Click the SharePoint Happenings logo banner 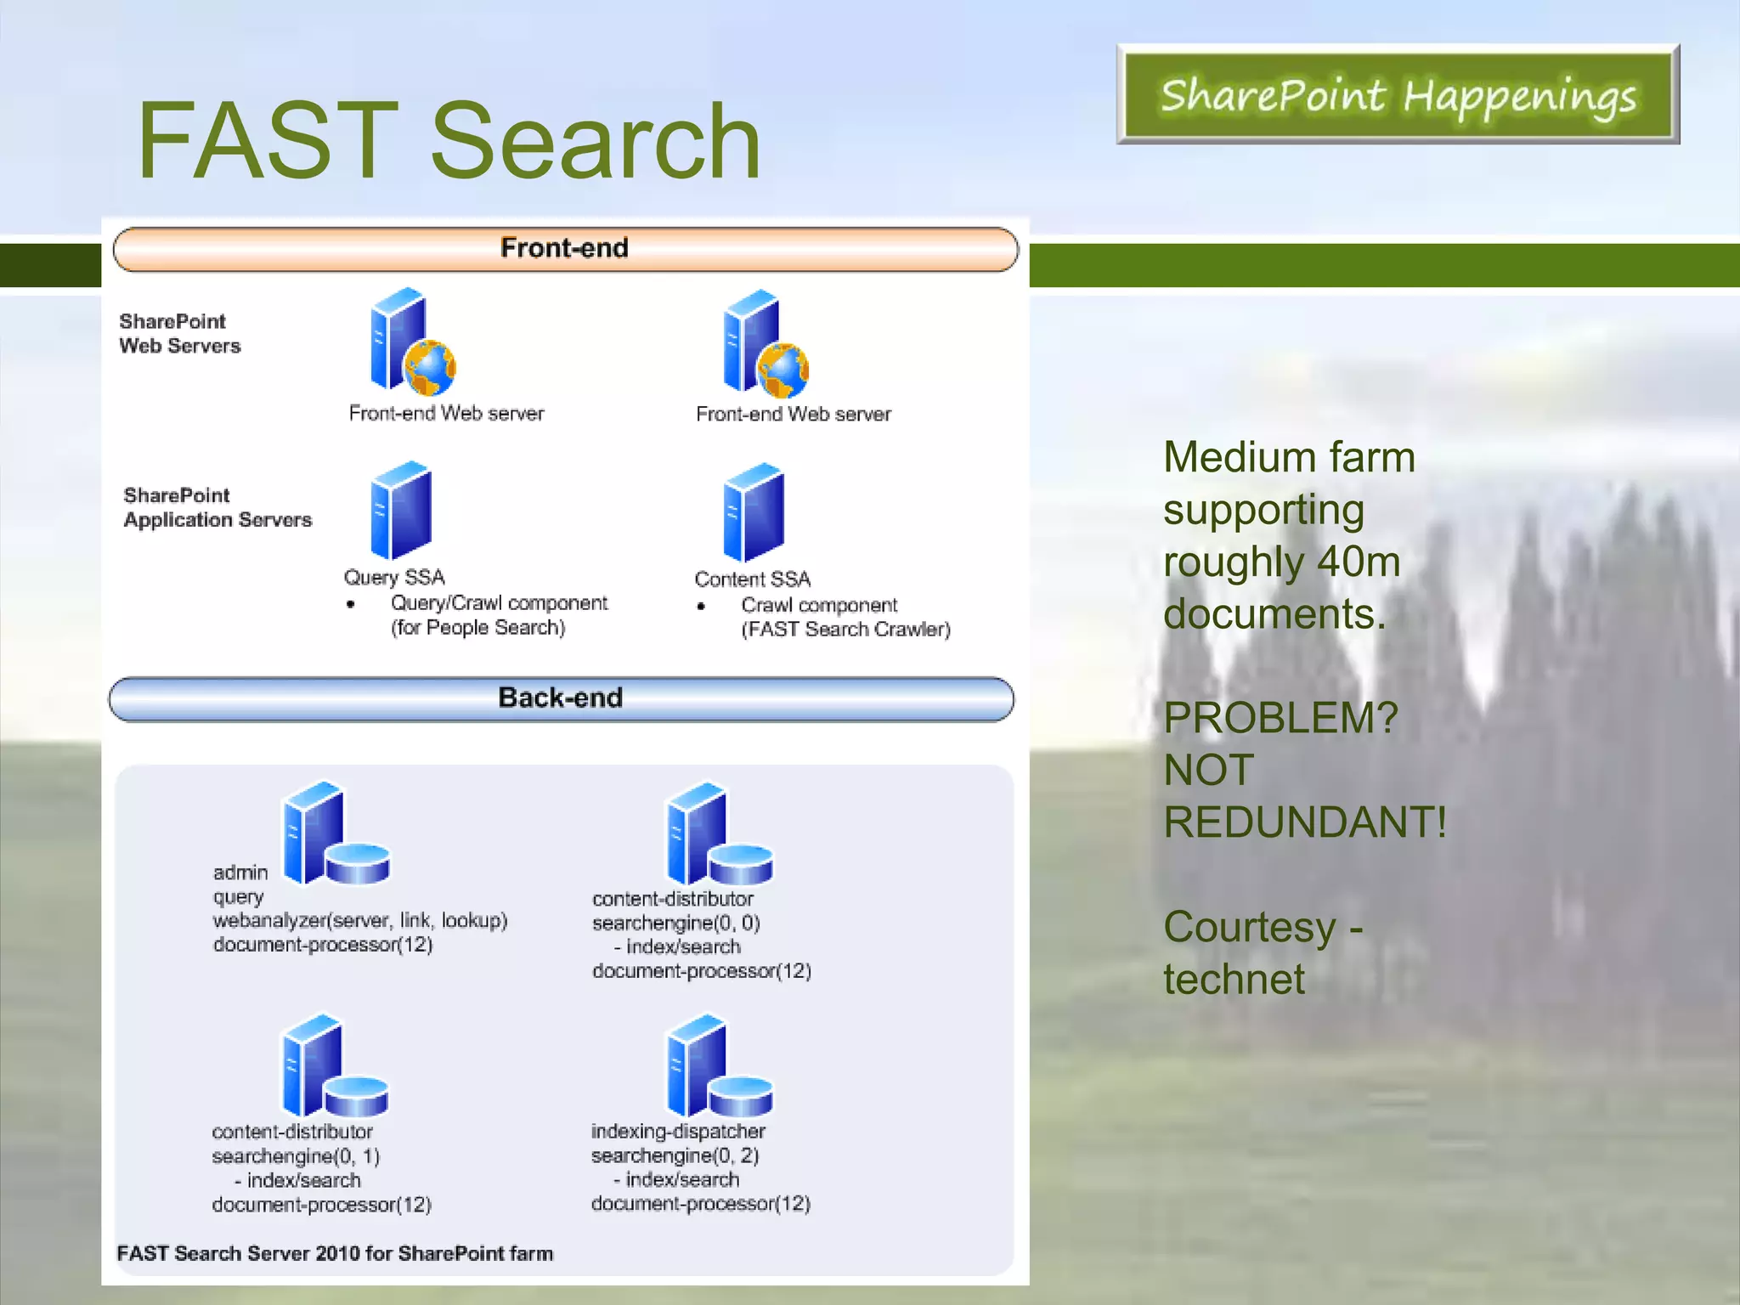1398,94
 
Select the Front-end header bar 565,249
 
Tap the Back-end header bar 561,698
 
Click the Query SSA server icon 400,511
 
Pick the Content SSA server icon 754,512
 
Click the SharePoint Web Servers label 179,334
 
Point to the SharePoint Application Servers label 217,508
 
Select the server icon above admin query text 335,833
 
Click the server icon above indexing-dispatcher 719,1065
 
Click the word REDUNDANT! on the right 1304,822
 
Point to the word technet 1234,980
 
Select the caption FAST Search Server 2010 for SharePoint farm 335,1253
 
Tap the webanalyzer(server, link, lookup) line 360,921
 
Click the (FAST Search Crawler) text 845,630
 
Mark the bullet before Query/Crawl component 351,604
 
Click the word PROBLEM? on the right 1280,718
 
